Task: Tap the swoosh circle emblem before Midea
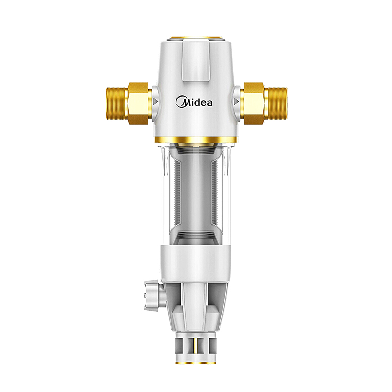click(x=180, y=102)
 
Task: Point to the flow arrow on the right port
click(x=236, y=101)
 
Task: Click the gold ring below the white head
click(x=196, y=140)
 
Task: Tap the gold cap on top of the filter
click(x=196, y=39)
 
